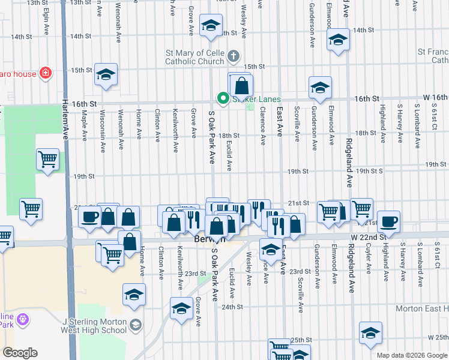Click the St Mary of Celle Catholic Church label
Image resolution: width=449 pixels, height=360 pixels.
(x=196, y=58)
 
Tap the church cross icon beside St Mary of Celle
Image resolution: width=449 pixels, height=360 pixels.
(x=234, y=58)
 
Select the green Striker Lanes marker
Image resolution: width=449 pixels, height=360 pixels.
(x=223, y=98)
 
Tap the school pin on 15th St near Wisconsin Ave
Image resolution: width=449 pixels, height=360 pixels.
(x=106, y=74)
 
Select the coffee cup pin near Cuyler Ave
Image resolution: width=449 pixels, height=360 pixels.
(x=388, y=220)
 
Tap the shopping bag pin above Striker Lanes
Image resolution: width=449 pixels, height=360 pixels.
(x=241, y=85)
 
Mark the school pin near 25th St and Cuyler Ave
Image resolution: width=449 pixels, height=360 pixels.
(x=370, y=333)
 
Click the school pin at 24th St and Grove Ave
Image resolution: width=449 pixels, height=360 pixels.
(x=181, y=308)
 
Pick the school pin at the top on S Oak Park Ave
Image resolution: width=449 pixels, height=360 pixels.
(x=210, y=26)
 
